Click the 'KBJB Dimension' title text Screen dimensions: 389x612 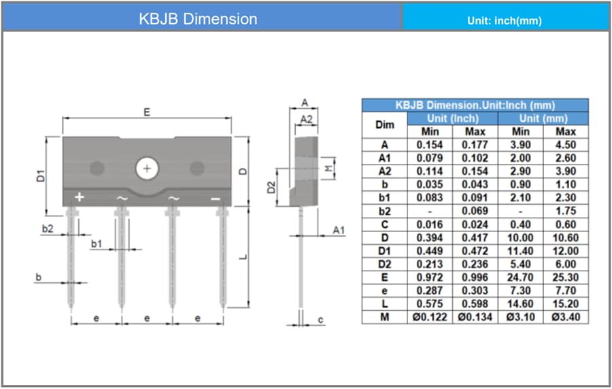click(x=198, y=19)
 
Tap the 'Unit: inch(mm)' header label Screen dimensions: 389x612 click(x=505, y=20)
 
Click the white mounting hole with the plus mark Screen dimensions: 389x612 click(x=147, y=168)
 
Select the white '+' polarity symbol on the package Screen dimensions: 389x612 click(x=79, y=197)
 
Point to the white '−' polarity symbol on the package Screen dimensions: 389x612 click(x=216, y=198)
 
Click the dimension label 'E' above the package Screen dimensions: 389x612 click(x=147, y=112)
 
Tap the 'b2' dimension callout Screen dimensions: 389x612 click(x=48, y=229)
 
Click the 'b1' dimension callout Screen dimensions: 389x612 click(x=97, y=243)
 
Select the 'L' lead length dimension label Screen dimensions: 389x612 click(x=244, y=256)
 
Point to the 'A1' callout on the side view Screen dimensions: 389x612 click(x=339, y=231)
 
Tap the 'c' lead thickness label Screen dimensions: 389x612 click(x=320, y=319)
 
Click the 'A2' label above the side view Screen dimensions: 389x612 click(x=307, y=119)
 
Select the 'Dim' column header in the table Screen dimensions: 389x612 click(x=384, y=124)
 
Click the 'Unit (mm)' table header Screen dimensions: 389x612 click(x=543, y=118)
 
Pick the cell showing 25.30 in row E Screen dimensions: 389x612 click(x=565, y=277)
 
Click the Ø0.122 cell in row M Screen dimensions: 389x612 click(x=430, y=317)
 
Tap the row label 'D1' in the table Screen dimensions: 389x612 click(x=384, y=250)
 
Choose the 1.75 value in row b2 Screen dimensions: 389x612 click(x=565, y=211)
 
